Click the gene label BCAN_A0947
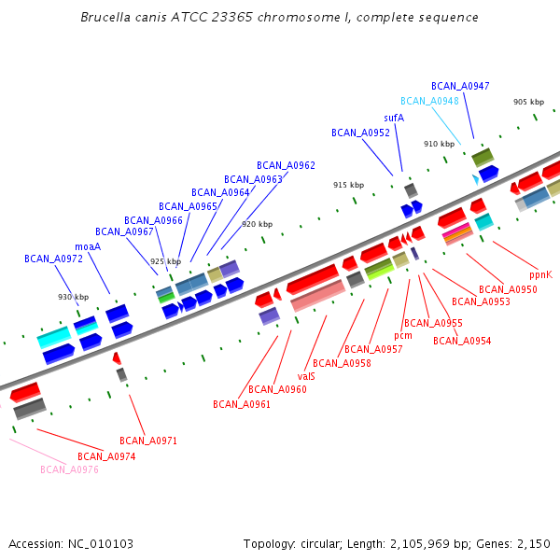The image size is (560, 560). (460, 86)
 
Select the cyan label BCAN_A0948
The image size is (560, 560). (429, 101)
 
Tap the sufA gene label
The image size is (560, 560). (394, 119)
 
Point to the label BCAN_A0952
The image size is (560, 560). (360, 133)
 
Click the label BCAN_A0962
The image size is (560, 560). (286, 165)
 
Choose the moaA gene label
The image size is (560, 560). (87, 247)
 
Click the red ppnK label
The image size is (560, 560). (540, 275)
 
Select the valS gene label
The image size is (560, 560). (306, 376)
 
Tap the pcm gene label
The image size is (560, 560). (403, 335)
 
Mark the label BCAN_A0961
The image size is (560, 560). (242, 404)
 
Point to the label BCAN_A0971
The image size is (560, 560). (148, 441)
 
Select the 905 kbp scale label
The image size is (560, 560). (528, 102)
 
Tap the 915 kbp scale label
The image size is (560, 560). (348, 185)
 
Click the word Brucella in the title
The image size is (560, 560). (105, 17)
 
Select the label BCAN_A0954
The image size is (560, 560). (462, 341)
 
